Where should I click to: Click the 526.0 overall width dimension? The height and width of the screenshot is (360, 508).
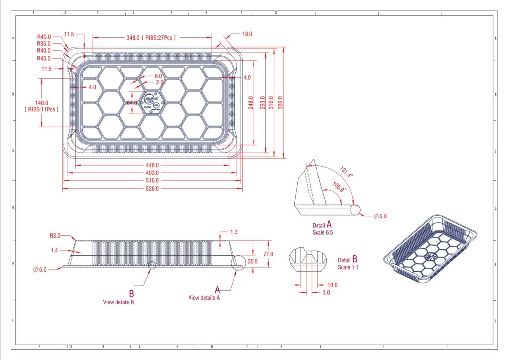pos(152,189)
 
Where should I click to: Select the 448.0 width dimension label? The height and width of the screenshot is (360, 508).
pos(152,165)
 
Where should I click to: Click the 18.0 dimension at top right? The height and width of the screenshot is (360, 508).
pos(247,34)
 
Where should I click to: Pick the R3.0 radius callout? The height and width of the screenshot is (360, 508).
pos(55,236)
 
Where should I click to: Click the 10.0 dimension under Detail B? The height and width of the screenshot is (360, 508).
pos(332,285)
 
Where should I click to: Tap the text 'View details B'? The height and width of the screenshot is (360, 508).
pos(119,302)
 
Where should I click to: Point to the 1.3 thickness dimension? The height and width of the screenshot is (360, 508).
pos(234,232)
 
